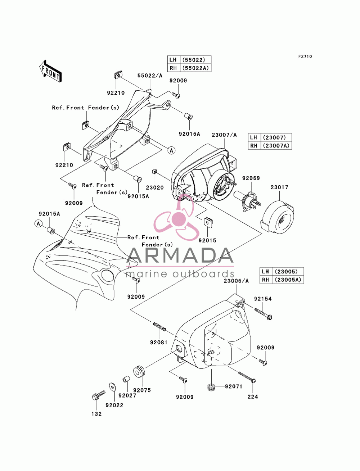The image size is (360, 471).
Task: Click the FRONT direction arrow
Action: pos(50,71)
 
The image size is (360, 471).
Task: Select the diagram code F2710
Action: pos(305,56)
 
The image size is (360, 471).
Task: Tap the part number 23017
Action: pos(279,187)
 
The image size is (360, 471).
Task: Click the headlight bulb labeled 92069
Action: pos(247,200)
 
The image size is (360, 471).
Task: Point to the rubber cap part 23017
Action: pos(277,217)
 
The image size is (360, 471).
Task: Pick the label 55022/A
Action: pos(150,76)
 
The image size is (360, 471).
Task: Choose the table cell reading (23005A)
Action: pos(288,280)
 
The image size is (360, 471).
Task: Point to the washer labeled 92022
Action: pos(112,387)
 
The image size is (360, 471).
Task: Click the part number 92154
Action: pos(263,299)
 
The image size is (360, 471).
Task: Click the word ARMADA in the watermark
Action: pos(180,255)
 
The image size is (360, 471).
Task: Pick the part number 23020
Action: pos(155,187)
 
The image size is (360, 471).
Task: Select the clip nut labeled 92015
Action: pos(208,222)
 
